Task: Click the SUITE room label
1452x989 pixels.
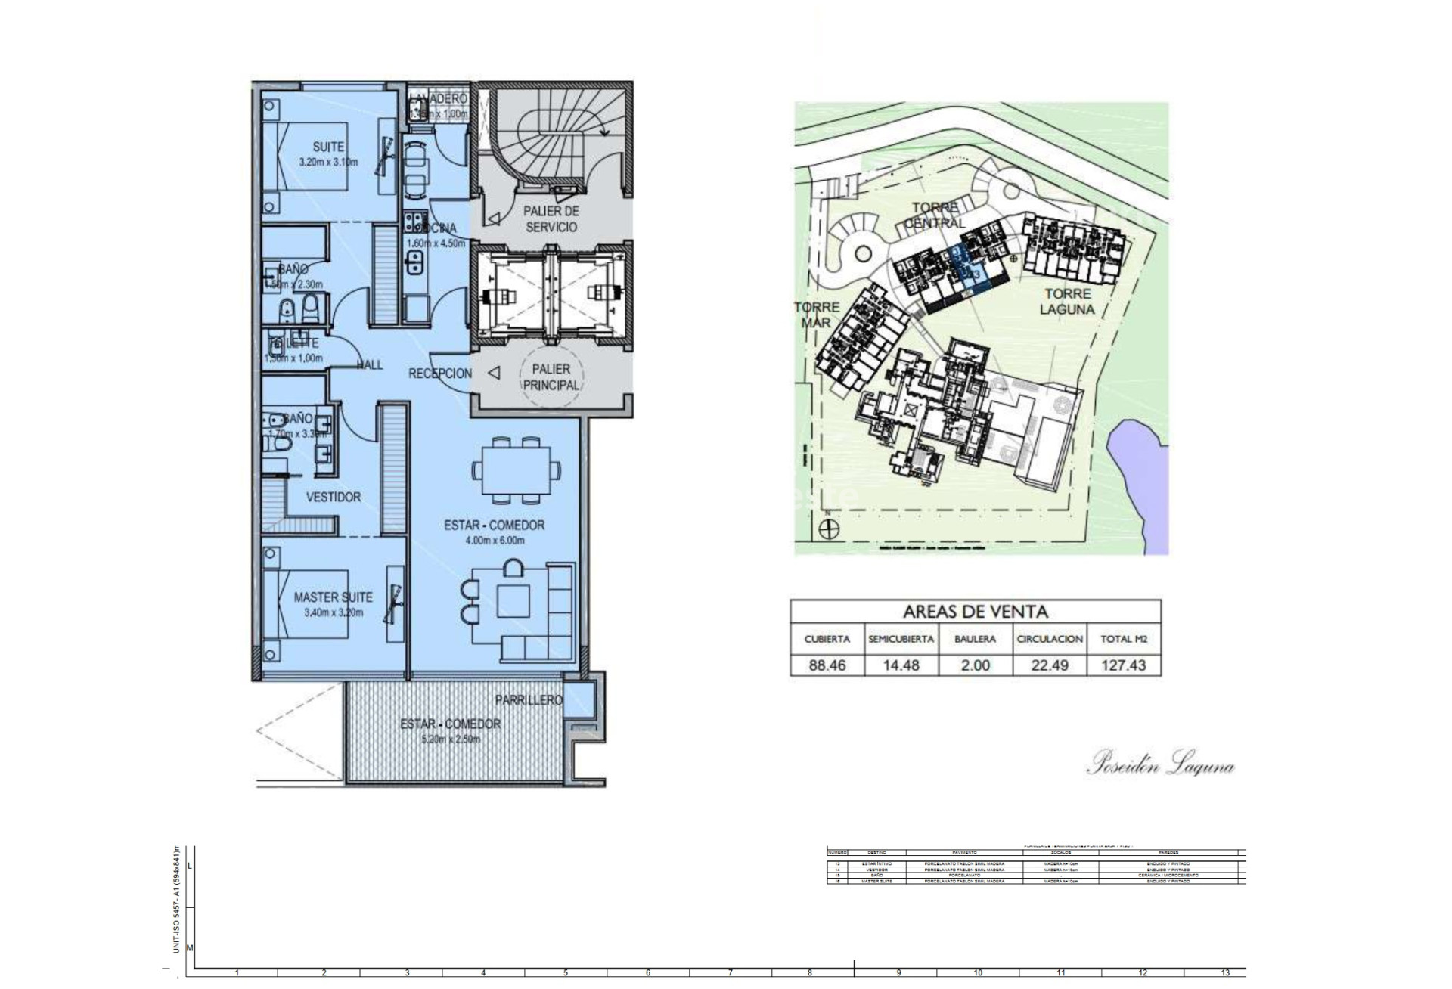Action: click(x=328, y=147)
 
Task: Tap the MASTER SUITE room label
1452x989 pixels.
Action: click(x=333, y=597)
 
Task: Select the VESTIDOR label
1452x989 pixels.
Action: click(x=333, y=497)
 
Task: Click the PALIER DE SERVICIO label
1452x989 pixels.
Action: click(x=551, y=219)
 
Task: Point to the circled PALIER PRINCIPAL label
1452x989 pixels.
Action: click(x=551, y=377)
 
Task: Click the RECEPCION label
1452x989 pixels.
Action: click(x=439, y=374)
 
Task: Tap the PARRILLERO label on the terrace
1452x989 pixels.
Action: click(x=529, y=700)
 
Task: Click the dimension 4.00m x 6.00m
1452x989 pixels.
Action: click(x=495, y=541)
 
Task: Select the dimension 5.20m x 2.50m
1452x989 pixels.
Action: click(x=450, y=739)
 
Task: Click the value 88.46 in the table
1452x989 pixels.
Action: click(x=826, y=665)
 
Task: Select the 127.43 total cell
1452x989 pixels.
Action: click(x=1124, y=665)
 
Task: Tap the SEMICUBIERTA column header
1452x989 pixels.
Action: click(x=901, y=639)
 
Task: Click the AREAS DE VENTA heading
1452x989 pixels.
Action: click(x=975, y=611)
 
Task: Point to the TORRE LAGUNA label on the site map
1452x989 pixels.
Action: click(x=1068, y=301)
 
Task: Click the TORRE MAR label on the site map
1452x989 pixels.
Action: click(x=816, y=315)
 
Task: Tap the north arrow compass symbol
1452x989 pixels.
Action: click(x=830, y=529)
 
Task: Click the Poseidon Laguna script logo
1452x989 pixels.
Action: click(x=1160, y=764)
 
